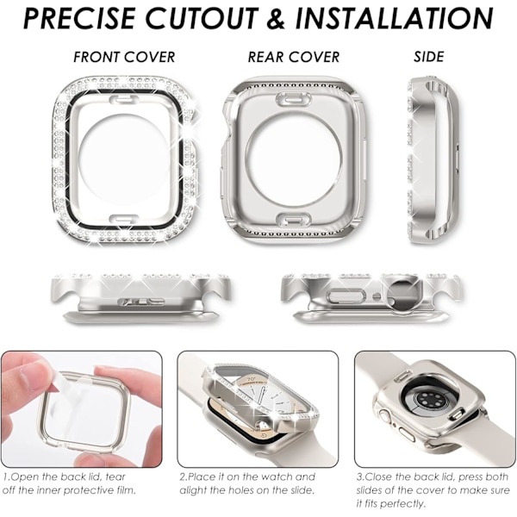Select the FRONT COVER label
124,57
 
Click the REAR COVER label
294,57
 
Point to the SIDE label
428,57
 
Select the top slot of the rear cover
294,99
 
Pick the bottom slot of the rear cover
294,220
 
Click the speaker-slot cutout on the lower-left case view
141,301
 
